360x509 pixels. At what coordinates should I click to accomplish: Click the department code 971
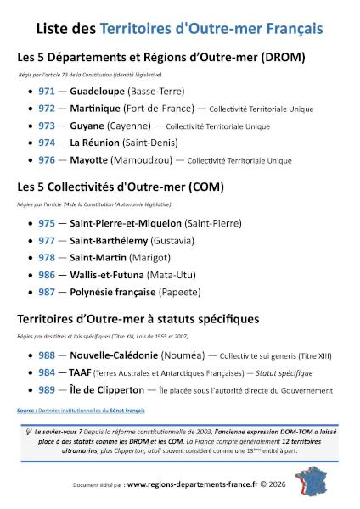[x=48, y=90]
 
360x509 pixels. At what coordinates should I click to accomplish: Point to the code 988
[x=48, y=355]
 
